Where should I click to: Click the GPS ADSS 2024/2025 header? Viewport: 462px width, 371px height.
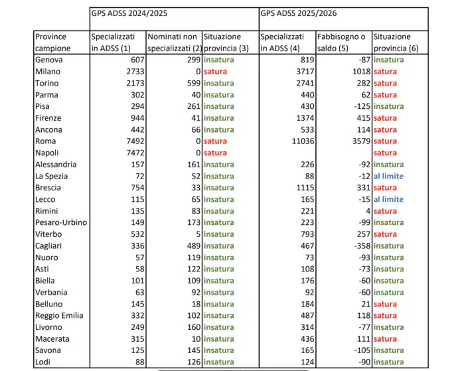[x=129, y=13]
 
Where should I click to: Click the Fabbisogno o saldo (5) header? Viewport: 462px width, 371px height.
[x=342, y=42]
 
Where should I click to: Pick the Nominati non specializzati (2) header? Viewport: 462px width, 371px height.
[x=174, y=42]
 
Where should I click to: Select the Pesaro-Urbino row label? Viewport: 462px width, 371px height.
[x=61, y=222]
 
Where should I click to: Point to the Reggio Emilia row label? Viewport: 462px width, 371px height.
[x=59, y=315]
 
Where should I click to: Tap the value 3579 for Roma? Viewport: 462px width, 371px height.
[x=356, y=141]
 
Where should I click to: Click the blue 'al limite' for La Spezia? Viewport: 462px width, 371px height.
[x=388, y=176]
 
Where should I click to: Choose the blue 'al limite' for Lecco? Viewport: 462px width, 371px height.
[x=388, y=199]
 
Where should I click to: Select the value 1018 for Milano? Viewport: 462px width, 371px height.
[x=356, y=71]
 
